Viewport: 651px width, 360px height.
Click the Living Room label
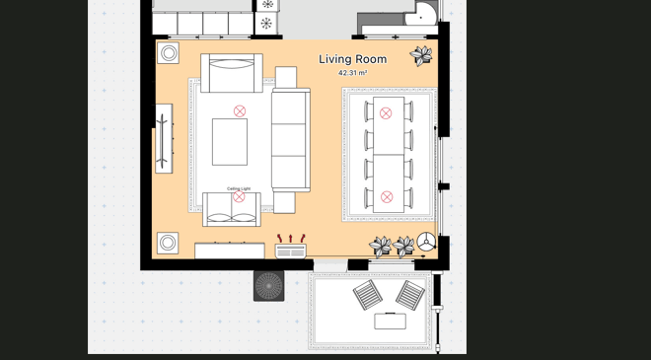coord(352,59)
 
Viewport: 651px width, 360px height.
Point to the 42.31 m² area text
coord(352,73)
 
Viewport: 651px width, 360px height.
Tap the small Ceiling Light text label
coord(239,189)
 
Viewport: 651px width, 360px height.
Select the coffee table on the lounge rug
coord(230,142)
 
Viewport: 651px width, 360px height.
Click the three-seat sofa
coord(291,140)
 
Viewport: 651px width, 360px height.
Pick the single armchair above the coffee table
coord(232,73)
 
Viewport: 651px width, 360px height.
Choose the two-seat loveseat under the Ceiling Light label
coord(232,209)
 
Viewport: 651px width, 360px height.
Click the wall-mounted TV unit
coord(164,138)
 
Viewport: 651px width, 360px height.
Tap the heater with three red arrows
coord(291,247)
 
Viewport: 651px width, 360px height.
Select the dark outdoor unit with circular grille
coord(269,286)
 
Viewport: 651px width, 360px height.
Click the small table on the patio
coord(390,321)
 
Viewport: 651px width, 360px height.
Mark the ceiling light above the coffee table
coord(240,111)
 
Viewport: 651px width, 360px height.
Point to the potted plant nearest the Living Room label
coord(421,55)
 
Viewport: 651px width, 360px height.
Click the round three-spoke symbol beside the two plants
coord(426,242)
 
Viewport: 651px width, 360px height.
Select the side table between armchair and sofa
coord(286,77)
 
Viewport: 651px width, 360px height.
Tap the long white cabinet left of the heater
coord(230,251)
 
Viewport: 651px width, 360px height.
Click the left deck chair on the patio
coord(368,294)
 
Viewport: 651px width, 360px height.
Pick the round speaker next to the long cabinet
coord(168,243)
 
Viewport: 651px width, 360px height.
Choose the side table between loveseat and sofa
coord(284,202)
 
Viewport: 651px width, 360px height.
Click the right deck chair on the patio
coord(410,295)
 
